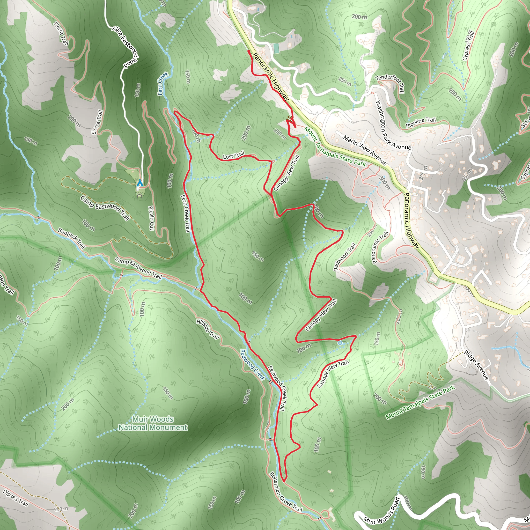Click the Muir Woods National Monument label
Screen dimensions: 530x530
153,423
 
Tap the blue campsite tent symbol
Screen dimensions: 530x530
140,183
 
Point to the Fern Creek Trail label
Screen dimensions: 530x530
186,213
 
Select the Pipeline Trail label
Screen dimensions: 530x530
421,122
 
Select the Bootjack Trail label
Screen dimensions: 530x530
71,238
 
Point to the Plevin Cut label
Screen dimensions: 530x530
151,218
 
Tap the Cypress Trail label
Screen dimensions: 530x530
468,46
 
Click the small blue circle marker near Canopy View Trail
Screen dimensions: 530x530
340,343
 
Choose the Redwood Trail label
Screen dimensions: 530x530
344,257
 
